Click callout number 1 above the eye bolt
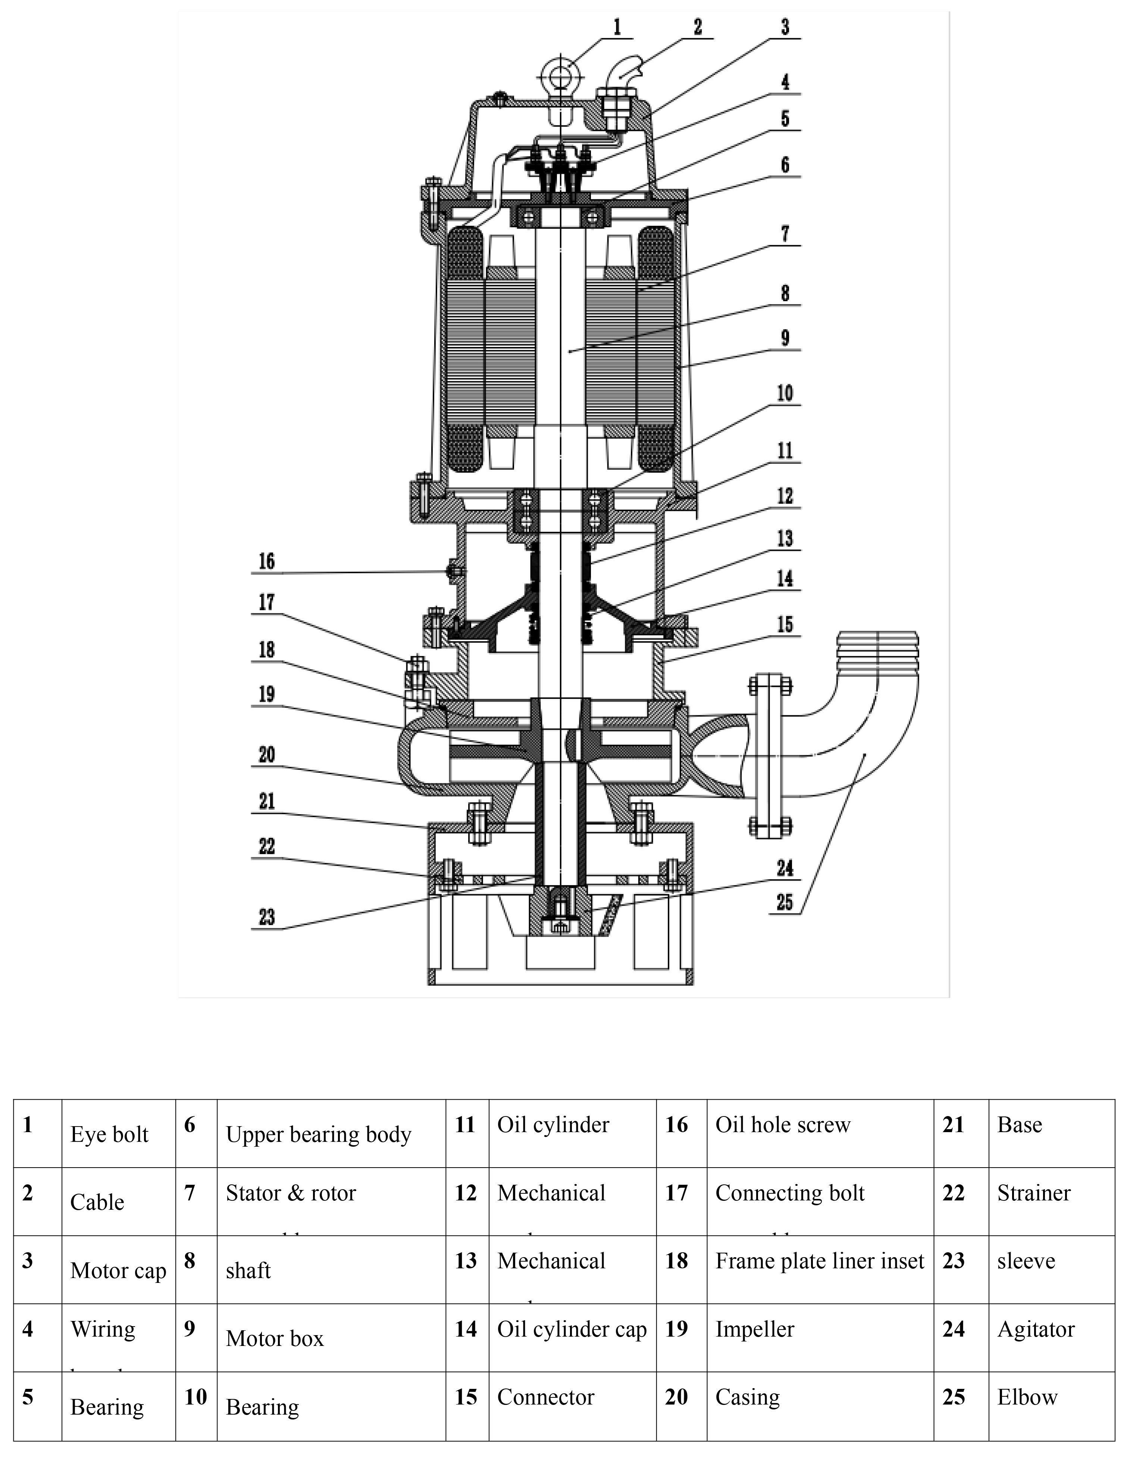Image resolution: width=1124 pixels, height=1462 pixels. (617, 28)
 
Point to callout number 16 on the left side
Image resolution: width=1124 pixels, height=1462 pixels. (266, 561)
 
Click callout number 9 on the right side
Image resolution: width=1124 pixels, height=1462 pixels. (785, 338)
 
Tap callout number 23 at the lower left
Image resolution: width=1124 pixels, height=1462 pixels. (266, 917)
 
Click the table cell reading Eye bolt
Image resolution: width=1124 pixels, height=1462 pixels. (109, 1134)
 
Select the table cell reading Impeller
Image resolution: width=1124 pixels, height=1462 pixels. (755, 1329)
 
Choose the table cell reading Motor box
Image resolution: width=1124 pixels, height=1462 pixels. (274, 1338)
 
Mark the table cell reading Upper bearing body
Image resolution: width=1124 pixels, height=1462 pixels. (319, 1134)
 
